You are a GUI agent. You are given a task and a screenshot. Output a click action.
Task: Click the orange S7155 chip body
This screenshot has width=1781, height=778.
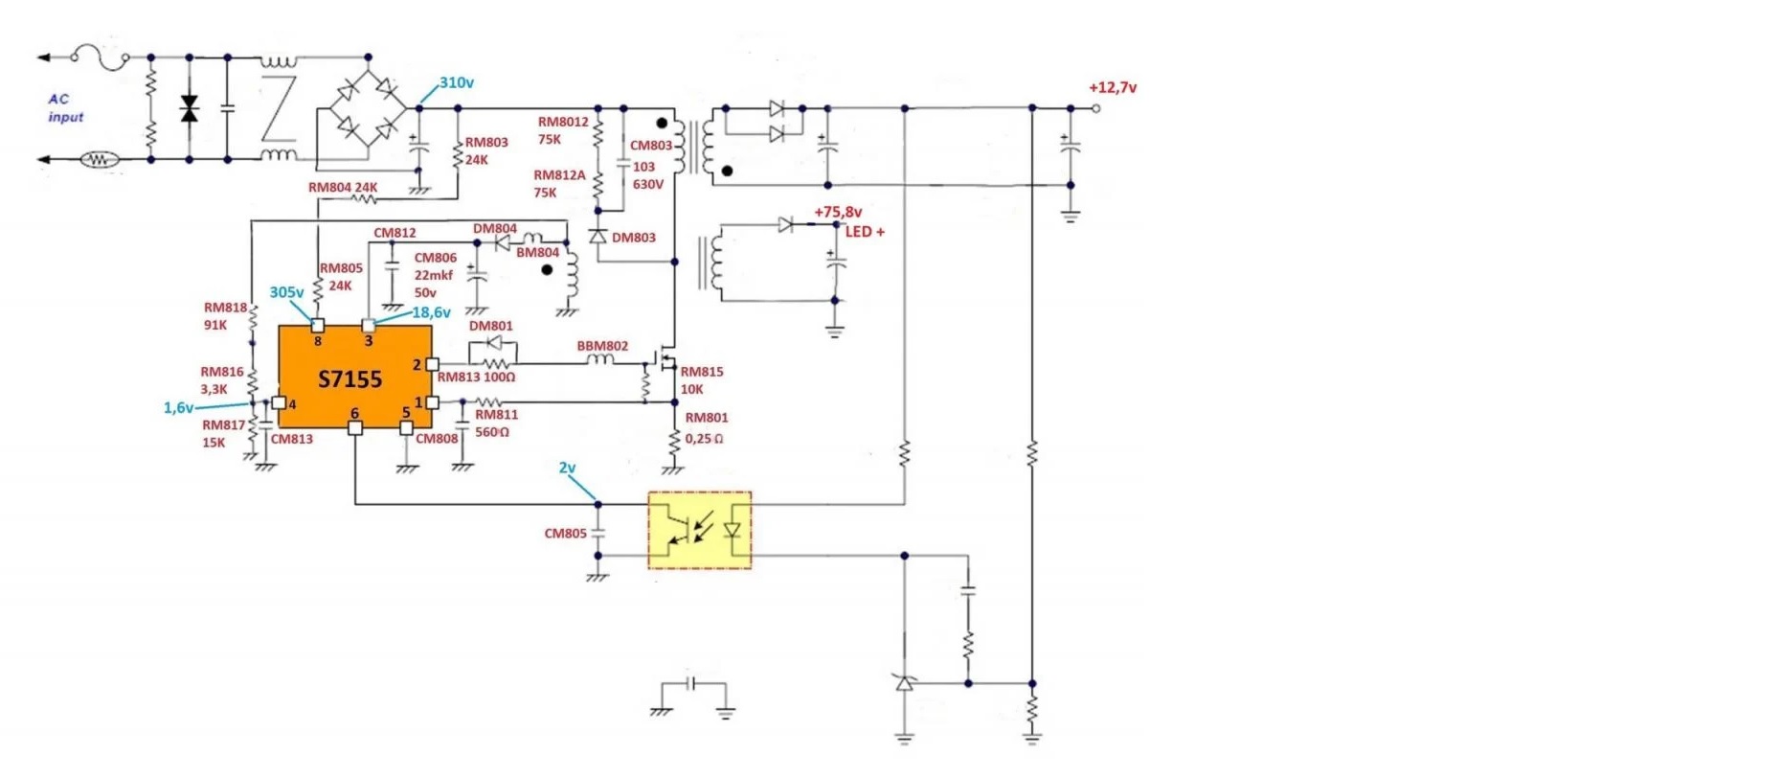point(354,377)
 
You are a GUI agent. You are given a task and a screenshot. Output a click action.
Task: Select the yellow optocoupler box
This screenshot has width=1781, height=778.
point(700,530)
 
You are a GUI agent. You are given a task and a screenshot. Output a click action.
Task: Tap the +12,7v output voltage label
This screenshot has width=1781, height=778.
point(1113,88)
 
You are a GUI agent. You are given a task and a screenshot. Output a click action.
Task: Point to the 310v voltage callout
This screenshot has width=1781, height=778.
point(457,83)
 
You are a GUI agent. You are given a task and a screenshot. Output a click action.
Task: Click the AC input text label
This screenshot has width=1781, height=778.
point(65,107)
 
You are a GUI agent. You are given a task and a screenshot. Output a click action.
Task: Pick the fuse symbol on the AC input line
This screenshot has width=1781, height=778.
point(101,57)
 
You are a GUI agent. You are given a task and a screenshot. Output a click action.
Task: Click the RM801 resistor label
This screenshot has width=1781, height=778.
point(707,418)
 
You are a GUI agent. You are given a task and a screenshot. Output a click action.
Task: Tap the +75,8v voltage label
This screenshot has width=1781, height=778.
point(838,213)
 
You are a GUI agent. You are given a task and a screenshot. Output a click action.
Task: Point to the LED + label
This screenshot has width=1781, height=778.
point(865,232)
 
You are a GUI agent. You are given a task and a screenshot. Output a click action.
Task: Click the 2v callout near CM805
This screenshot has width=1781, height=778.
point(568,469)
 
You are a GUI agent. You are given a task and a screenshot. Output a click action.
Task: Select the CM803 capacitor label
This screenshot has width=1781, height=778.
point(651,146)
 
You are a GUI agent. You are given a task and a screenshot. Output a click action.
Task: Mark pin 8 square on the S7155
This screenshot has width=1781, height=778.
point(318,326)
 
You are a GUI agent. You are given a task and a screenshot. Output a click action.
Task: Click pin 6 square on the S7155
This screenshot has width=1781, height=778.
point(355,428)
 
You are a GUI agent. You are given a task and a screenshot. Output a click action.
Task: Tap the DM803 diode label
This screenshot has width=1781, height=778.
point(634,238)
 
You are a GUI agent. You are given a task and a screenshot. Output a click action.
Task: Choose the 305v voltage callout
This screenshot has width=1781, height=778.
point(286,293)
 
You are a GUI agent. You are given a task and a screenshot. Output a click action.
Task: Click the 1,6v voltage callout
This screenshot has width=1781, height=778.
point(178,408)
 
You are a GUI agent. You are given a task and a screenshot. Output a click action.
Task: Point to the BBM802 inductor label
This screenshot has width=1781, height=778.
point(602,346)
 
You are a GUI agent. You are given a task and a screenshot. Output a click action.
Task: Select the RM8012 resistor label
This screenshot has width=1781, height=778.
point(563,123)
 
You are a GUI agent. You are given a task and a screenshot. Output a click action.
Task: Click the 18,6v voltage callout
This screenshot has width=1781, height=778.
point(431,313)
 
